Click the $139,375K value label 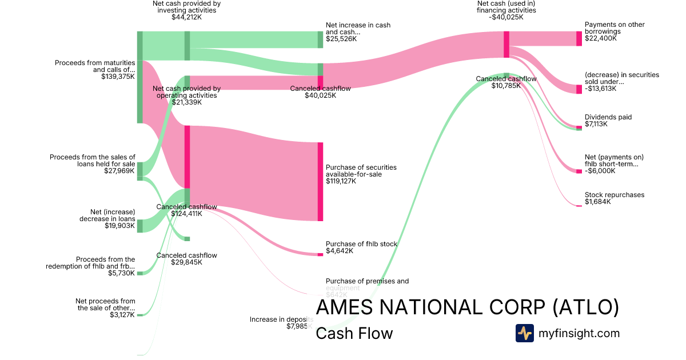[x=118, y=76]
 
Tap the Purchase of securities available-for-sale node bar [x=320, y=181]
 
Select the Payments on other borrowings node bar [x=579, y=38]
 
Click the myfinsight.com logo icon [x=524, y=333]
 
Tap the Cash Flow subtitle [x=354, y=333]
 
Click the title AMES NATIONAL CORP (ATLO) [x=467, y=307]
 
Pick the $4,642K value [x=340, y=251]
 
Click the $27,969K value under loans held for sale [x=119, y=170]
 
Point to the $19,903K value [x=119, y=225]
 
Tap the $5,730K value [x=122, y=273]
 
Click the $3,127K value [x=122, y=315]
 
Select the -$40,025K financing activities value [x=506, y=17]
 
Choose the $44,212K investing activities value [x=186, y=17]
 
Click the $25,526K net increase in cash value [x=341, y=39]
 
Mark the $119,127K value [x=341, y=181]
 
